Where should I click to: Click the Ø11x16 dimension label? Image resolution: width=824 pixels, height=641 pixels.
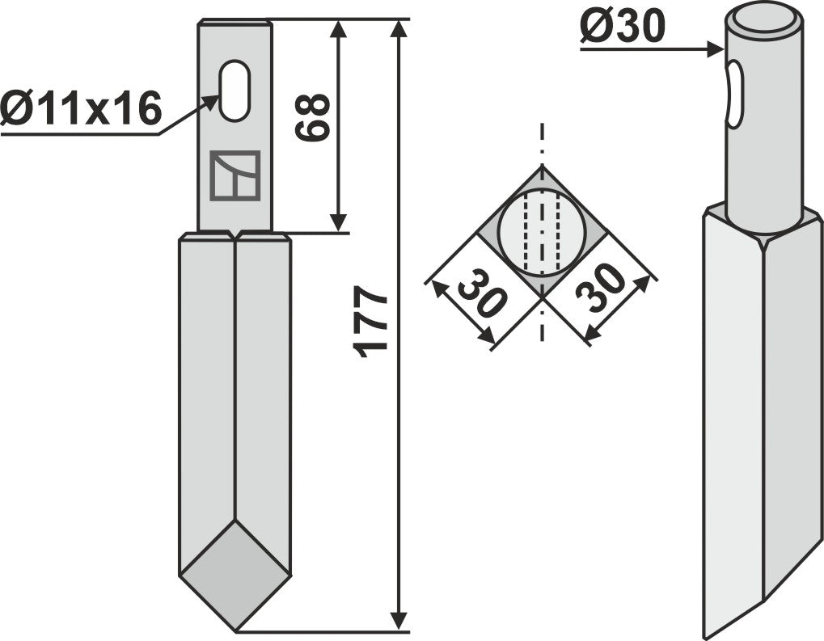(81, 108)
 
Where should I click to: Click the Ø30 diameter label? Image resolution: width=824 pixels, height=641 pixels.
(622, 29)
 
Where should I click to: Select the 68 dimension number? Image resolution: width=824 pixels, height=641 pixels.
(313, 118)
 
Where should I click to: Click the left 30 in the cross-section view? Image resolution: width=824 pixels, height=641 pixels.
(481, 300)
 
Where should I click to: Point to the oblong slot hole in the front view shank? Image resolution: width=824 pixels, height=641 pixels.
(235, 91)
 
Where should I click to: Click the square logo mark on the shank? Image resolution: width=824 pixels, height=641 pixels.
(235, 175)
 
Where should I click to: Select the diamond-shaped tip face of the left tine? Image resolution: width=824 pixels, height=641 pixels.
(235, 574)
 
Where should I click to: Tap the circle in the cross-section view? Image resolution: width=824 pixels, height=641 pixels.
(541, 233)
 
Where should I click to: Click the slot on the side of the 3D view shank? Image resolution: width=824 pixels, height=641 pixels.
(733, 95)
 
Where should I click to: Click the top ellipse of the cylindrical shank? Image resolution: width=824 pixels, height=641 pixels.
(763, 21)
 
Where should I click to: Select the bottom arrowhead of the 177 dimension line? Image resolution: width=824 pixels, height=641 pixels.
(399, 621)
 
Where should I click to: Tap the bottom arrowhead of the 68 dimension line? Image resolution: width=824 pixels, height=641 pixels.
(339, 222)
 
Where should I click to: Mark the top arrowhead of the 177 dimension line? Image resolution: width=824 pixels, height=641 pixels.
(399, 30)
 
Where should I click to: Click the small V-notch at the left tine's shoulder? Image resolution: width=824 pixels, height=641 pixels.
(235, 236)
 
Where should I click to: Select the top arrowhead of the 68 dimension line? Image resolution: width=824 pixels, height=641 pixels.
(339, 30)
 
